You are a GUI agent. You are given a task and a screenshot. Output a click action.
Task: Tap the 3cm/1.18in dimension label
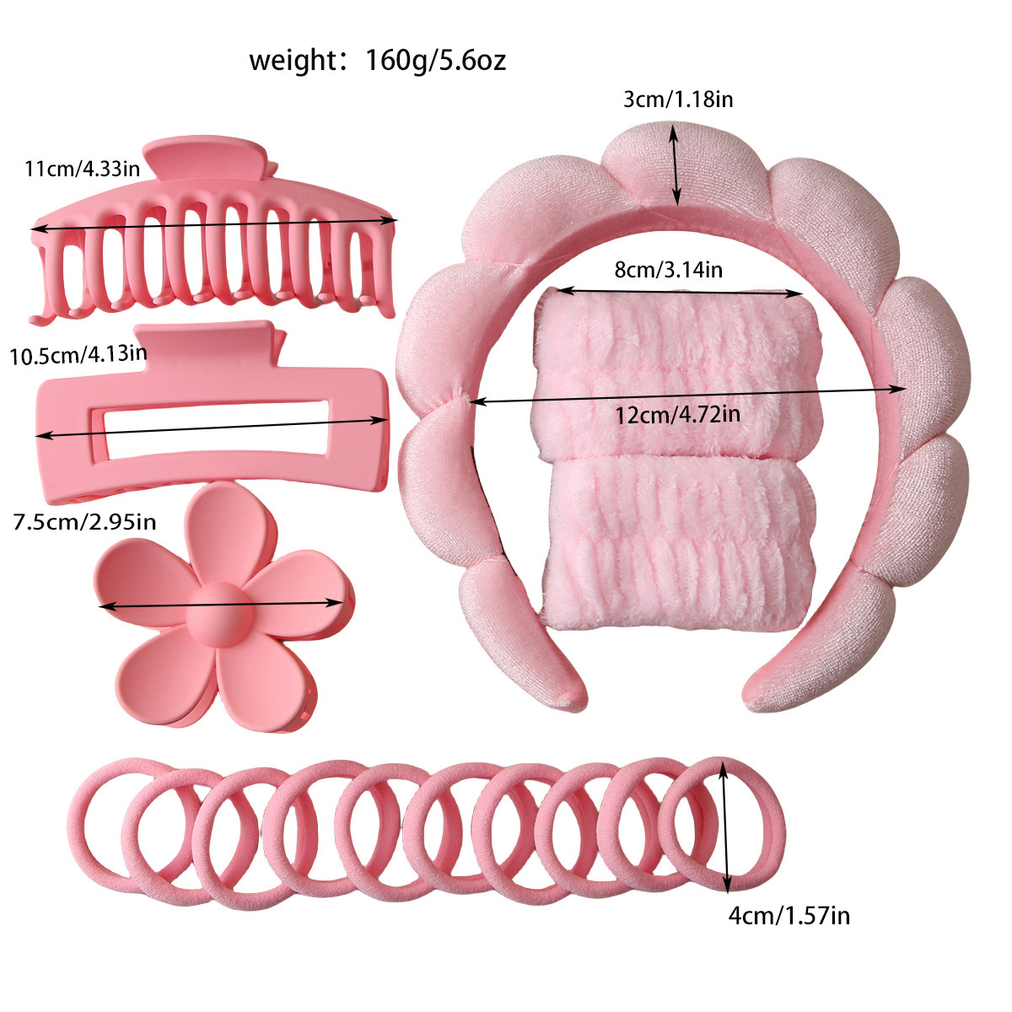tap(677, 99)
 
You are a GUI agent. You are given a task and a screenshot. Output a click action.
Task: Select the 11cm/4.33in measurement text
tap(82, 169)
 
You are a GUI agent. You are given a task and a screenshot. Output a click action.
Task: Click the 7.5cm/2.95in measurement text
tap(84, 521)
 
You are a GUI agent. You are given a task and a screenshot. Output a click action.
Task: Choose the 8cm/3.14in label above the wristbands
tap(668, 270)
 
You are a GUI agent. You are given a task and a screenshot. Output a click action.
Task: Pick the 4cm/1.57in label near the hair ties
tap(789, 914)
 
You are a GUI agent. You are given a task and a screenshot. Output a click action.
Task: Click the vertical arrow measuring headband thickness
tap(676, 164)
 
